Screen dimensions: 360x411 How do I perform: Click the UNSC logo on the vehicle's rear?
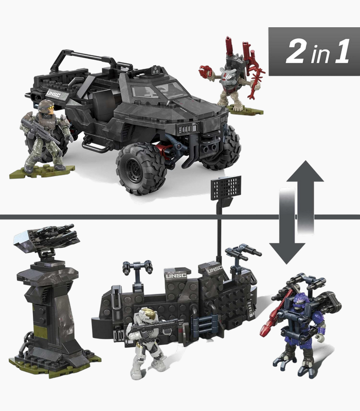[x=53, y=94]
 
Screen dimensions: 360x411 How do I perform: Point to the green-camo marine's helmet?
[x=46, y=105]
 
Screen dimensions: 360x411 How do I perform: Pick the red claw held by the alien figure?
[x=205, y=71]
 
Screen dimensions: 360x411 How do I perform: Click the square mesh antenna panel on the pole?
[x=226, y=187]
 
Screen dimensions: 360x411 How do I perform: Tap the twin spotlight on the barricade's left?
[x=137, y=267]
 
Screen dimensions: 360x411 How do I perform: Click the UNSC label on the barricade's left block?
[x=176, y=276]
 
